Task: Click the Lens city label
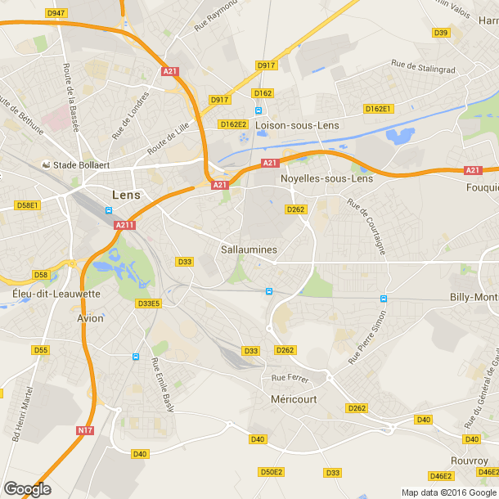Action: (x=125, y=196)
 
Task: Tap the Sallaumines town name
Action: (x=249, y=249)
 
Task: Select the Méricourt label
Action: (x=293, y=398)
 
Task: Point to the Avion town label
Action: (x=90, y=318)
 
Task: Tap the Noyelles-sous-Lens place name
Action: (x=326, y=178)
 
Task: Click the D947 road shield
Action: (x=56, y=13)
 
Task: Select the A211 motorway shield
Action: (x=124, y=225)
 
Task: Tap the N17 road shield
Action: (x=85, y=430)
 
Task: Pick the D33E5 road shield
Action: (x=149, y=303)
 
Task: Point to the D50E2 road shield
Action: (x=271, y=472)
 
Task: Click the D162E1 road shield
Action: (x=379, y=109)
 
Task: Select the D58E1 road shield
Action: (x=27, y=205)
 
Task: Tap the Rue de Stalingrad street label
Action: (x=423, y=66)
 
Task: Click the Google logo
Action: (x=27, y=488)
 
